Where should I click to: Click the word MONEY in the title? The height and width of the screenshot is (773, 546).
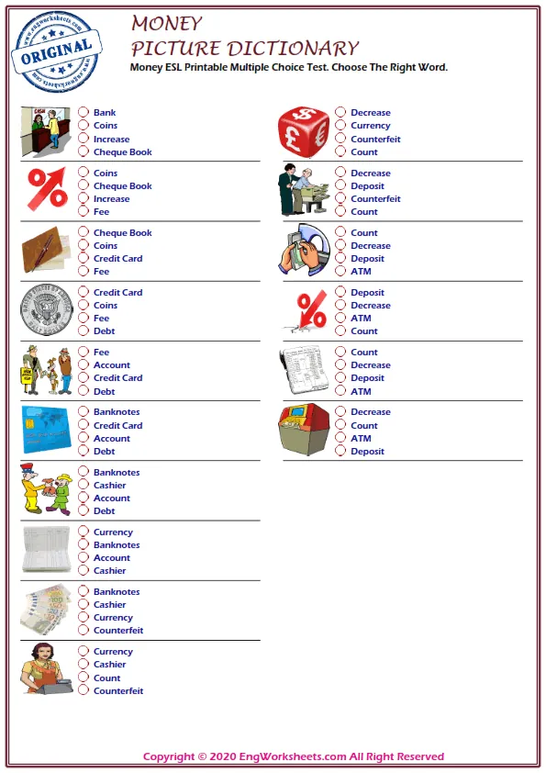point(166,23)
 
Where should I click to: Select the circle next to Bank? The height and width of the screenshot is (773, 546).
point(83,113)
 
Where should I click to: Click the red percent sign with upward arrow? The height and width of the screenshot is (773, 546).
point(47,190)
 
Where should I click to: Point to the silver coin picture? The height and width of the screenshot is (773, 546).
point(47,309)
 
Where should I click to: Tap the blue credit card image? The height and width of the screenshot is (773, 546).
point(47,430)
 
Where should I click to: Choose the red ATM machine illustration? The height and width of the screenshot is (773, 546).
point(304,430)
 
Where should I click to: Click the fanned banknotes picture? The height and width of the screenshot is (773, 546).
point(46,608)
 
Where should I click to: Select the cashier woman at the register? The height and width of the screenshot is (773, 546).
point(44,668)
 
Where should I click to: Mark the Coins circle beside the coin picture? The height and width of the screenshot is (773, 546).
point(83,306)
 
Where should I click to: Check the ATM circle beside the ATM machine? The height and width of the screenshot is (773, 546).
point(340,439)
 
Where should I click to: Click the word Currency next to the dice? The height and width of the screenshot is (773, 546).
point(371,126)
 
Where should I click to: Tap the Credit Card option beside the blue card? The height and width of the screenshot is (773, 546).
point(117,426)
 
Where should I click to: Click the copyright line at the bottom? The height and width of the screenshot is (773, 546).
point(294,756)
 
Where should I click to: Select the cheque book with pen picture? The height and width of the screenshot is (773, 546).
point(45,250)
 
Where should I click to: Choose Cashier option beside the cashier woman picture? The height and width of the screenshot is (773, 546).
point(109,665)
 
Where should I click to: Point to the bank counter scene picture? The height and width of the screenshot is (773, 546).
point(46,130)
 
